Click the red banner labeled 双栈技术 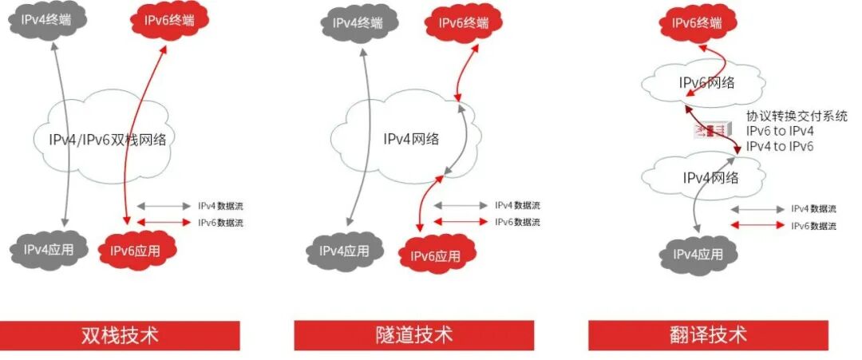120,334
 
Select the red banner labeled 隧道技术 413,334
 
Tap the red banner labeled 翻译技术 709,334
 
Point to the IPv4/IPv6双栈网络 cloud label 106,138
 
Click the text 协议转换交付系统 797,117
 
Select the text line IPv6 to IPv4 780,131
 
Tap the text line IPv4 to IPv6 780,146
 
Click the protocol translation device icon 710,129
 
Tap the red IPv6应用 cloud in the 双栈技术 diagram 135,251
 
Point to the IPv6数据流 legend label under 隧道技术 517,222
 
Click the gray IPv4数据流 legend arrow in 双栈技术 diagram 164,206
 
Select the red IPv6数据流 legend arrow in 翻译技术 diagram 757,226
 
